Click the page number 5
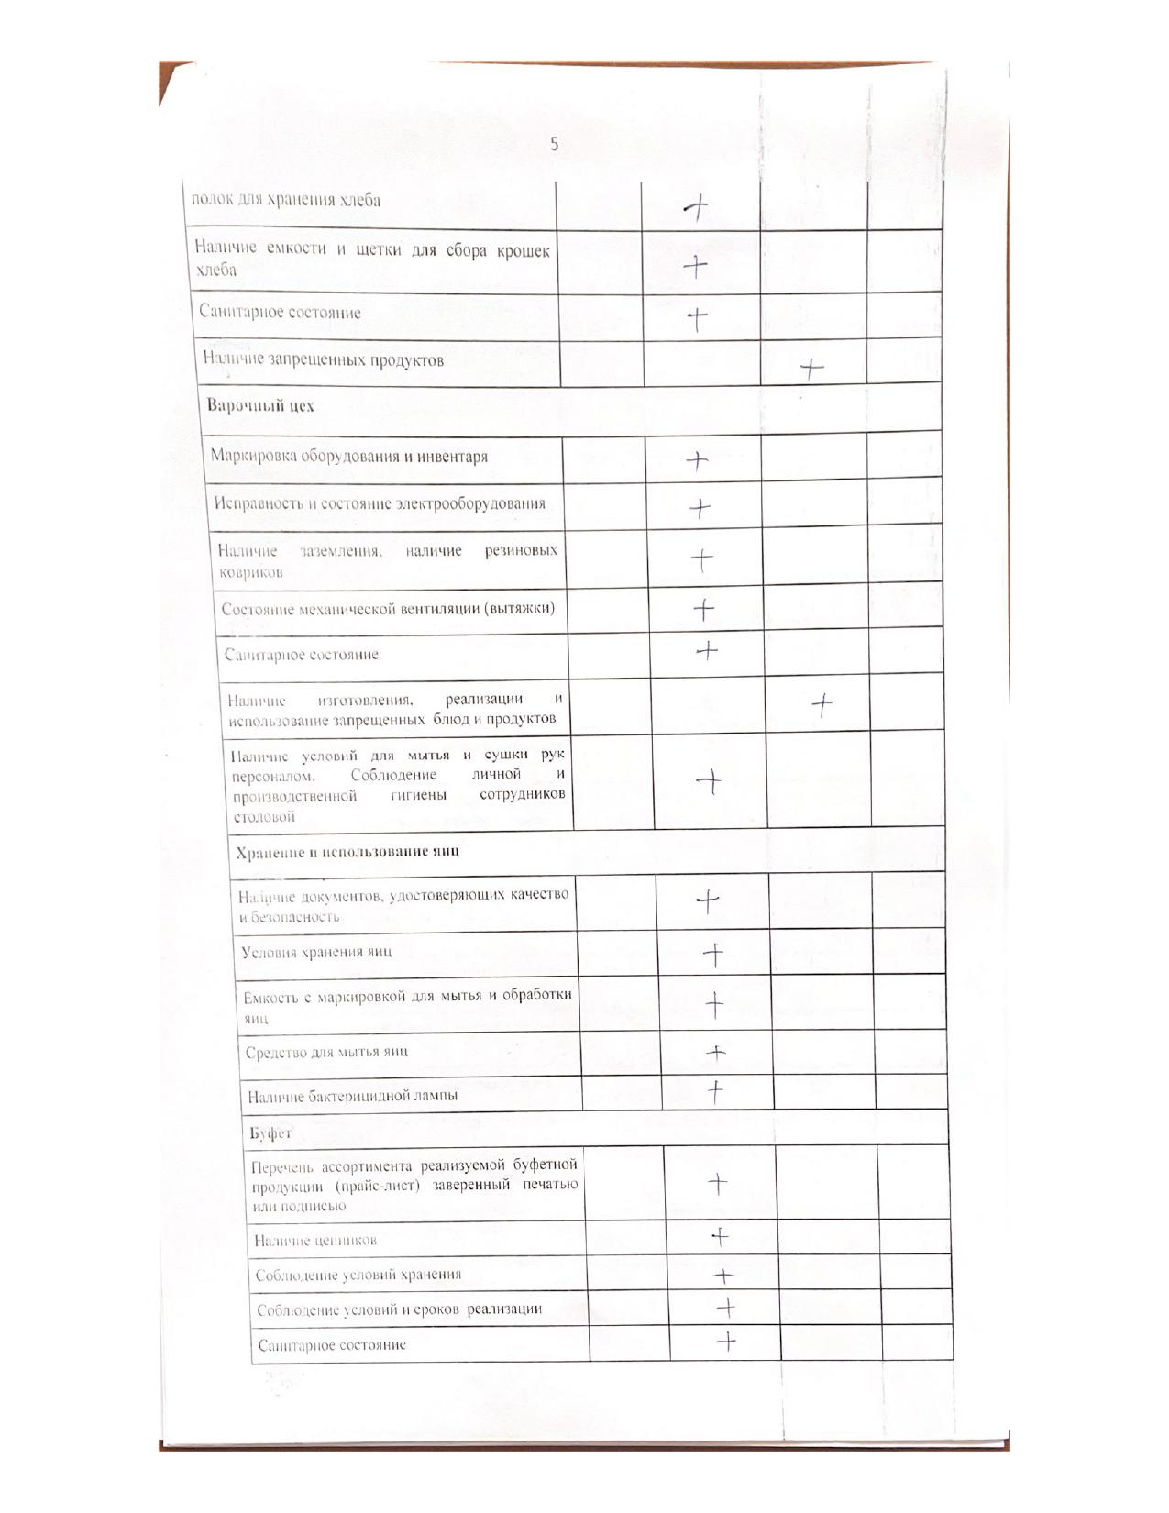554,144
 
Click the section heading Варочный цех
260,405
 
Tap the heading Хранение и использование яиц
347,852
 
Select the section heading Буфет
270,1133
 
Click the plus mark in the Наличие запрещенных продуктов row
811,370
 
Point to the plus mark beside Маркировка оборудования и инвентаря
698,460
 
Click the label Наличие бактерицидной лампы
352,1096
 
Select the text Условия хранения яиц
316,952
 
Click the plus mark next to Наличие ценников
721,1238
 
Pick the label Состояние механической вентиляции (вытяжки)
388,609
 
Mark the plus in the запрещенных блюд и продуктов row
822,705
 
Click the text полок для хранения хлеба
285,200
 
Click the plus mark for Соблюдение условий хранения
723,1275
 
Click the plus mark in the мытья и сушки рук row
710,781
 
